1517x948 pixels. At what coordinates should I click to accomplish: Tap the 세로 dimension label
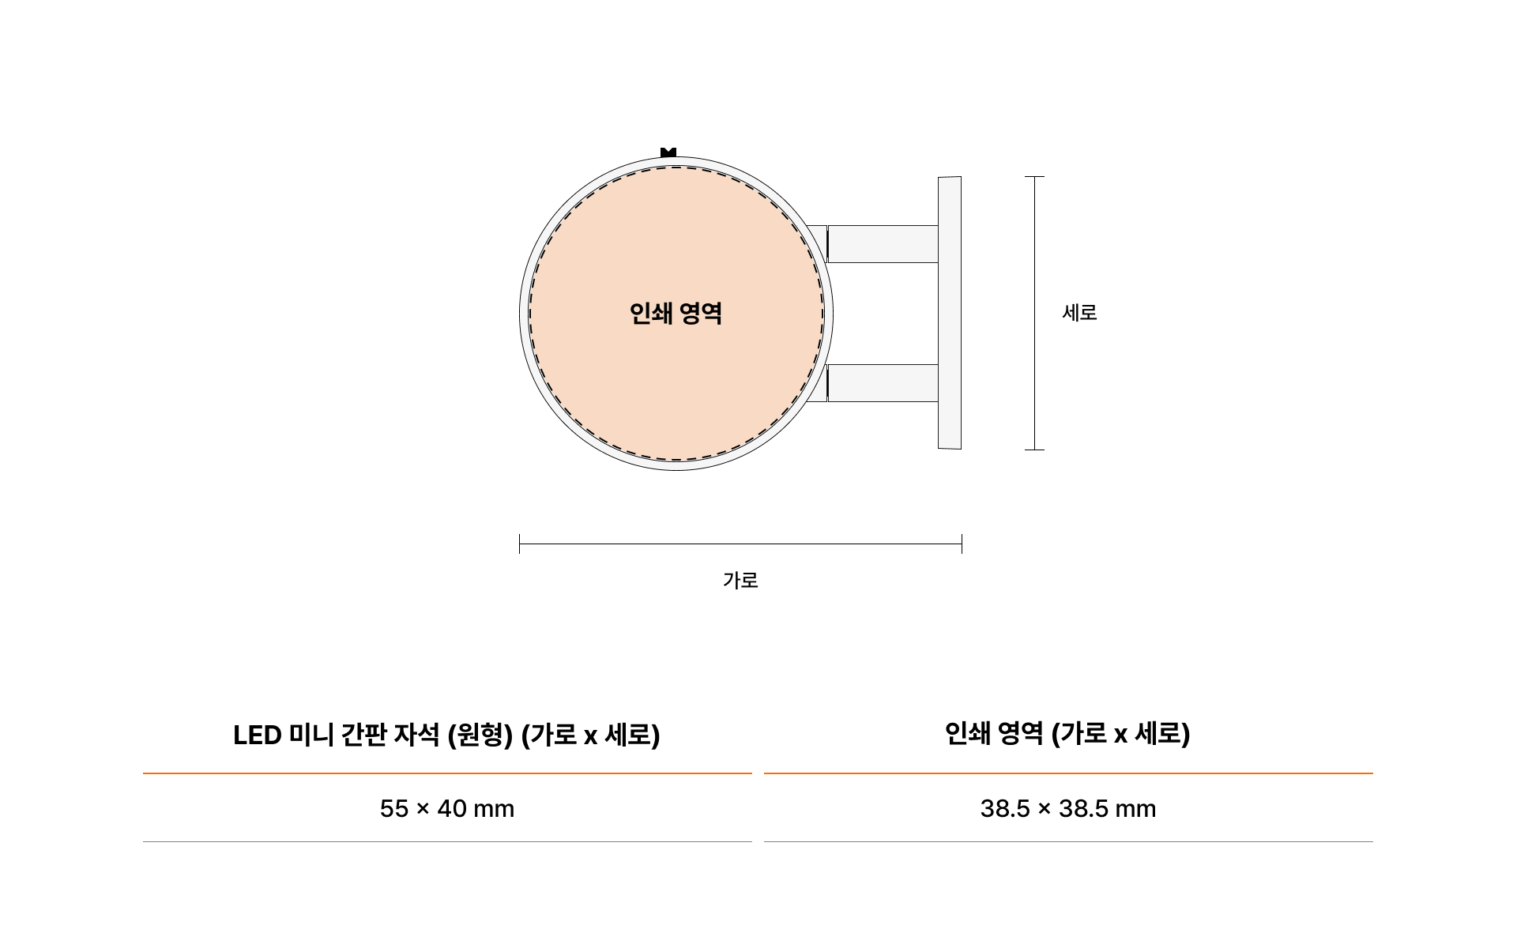(1079, 313)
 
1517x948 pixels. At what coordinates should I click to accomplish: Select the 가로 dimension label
(740, 581)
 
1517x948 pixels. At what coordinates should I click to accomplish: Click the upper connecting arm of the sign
(883, 243)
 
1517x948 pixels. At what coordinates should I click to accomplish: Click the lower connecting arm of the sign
(883, 383)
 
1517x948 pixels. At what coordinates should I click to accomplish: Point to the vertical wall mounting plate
(950, 313)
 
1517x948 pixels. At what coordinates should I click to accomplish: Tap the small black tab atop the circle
(668, 152)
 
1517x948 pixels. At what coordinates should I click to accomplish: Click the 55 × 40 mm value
(447, 809)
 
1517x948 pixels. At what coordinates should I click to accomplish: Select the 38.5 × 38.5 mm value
(1068, 809)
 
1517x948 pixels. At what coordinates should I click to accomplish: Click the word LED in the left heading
(258, 735)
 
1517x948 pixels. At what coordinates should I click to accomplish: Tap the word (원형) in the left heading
(480, 735)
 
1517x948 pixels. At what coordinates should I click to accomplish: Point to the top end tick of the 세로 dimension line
(1034, 177)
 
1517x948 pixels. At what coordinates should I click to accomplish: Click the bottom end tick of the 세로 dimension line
(1034, 450)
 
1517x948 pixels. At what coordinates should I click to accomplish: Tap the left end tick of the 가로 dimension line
(520, 544)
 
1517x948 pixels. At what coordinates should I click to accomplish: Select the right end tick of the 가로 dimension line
(962, 544)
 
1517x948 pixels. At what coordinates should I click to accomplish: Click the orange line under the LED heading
(447, 773)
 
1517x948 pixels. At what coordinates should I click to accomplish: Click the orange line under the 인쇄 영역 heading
(1068, 773)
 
